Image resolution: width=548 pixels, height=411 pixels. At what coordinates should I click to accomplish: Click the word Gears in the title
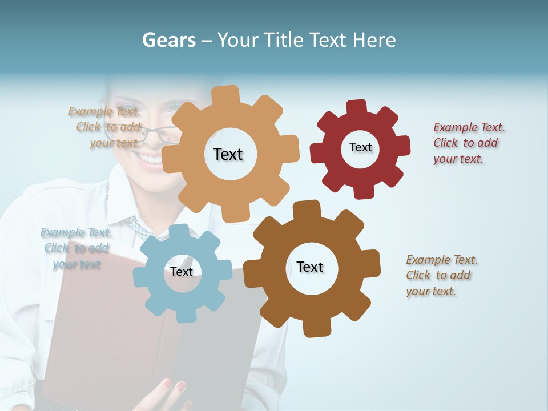pos(169,40)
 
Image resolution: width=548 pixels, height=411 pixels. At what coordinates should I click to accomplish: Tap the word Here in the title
pos(374,40)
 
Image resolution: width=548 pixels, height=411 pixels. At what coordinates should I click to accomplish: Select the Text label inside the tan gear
pos(228,154)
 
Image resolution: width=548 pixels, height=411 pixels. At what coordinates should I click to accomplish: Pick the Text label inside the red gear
pos(360,147)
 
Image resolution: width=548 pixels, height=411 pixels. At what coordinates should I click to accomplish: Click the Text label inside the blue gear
pos(182,272)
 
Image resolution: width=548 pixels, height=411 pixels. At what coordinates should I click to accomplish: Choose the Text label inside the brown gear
pos(310,267)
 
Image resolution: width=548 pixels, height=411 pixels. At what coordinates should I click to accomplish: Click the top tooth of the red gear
pos(357,107)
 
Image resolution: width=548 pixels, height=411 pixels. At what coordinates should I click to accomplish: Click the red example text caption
pos(469,143)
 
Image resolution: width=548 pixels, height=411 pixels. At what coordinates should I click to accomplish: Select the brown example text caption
pos(441,276)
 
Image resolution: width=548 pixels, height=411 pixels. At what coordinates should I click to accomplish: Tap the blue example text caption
pos(76,248)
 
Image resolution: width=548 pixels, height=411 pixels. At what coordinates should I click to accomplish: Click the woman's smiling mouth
pos(151,159)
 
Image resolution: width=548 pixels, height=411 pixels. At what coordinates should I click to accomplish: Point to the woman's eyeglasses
pos(155,135)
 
